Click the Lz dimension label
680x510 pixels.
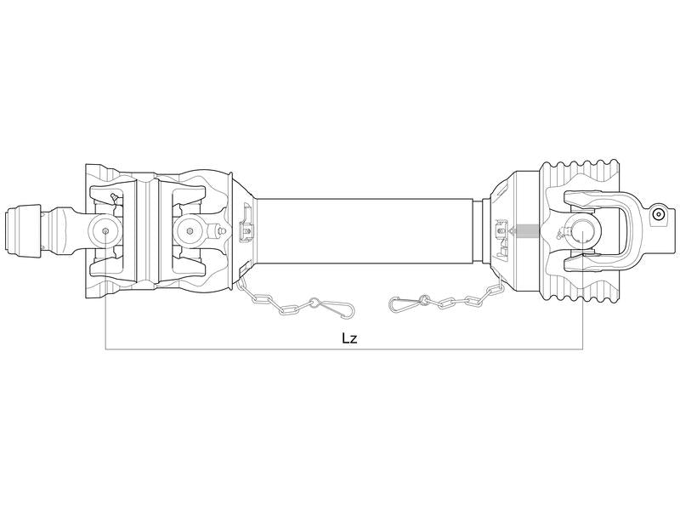click(348, 338)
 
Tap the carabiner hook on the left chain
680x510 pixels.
click(324, 303)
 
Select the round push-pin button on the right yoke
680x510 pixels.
click(657, 216)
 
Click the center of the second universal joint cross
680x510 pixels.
click(186, 228)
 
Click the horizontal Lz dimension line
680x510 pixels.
click(255, 349)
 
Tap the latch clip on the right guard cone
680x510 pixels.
click(501, 228)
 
